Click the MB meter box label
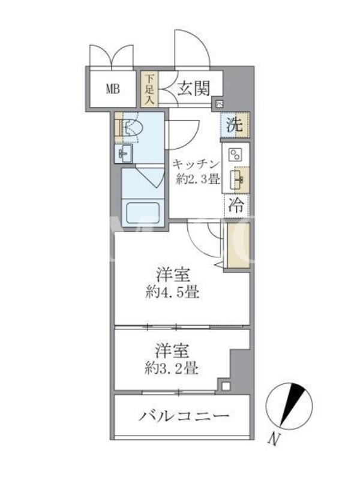113,89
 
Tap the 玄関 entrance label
194,88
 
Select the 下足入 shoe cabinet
149,89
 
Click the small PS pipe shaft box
220,104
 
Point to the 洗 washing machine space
235,125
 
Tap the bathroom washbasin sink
124,154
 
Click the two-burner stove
236,155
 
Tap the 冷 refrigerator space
236,205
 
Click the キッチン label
196,164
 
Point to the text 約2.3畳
198,179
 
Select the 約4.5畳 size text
172,293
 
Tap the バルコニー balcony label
184,416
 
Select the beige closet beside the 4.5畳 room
238,245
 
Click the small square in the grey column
226,386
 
